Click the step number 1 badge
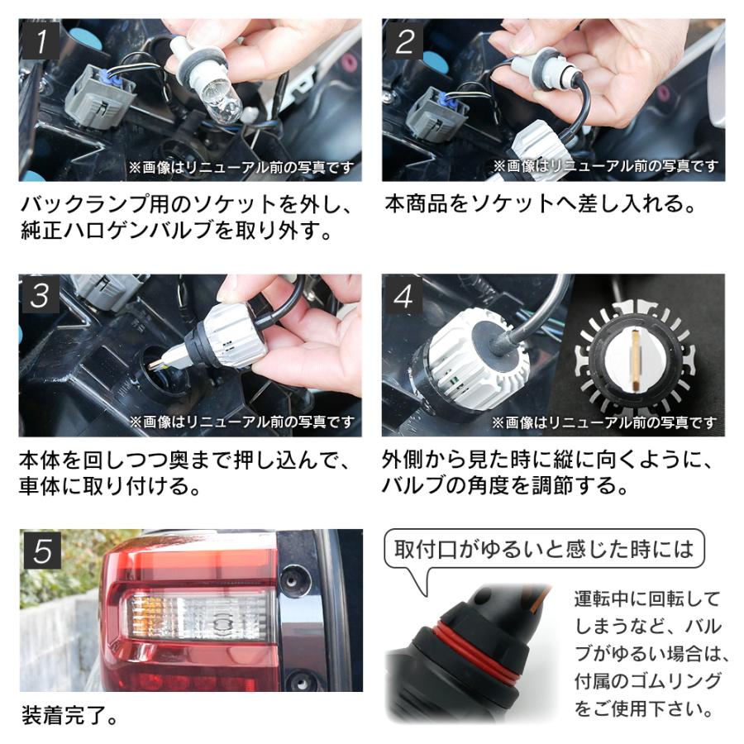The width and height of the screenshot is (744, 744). tap(38, 40)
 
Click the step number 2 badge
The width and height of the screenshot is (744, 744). tap(403, 40)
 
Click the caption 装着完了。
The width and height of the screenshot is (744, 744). tap(70, 714)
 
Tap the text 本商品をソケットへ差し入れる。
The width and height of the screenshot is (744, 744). tap(539, 203)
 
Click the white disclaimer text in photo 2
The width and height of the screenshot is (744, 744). tap(605, 167)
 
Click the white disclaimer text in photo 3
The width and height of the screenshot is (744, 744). tap(241, 422)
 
